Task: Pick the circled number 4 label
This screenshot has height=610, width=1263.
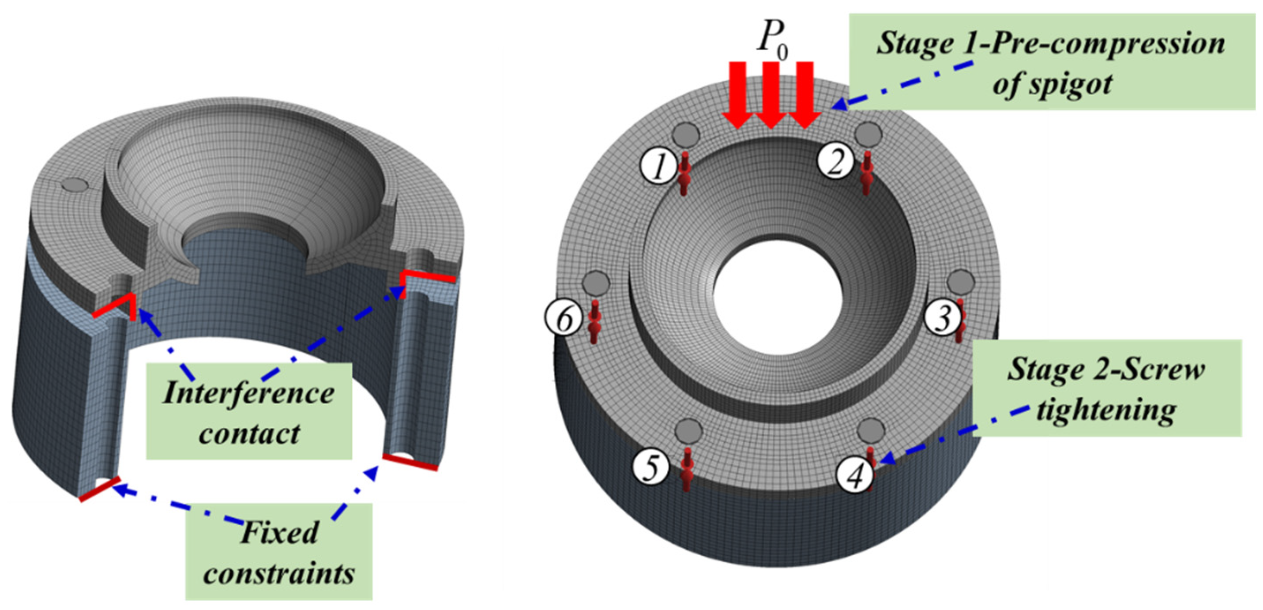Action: click(855, 474)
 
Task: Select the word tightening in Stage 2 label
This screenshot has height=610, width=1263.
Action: click(1106, 410)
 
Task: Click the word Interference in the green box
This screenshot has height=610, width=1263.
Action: click(248, 393)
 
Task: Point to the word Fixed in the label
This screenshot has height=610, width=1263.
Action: click(279, 532)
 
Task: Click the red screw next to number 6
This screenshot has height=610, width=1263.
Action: click(594, 321)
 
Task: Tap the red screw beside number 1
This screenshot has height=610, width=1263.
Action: click(684, 173)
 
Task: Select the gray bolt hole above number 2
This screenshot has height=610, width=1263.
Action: click(868, 133)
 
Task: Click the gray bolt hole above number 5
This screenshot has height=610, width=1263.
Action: click(689, 432)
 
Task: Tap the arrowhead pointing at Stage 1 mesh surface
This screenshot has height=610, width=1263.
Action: click(839, 104)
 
